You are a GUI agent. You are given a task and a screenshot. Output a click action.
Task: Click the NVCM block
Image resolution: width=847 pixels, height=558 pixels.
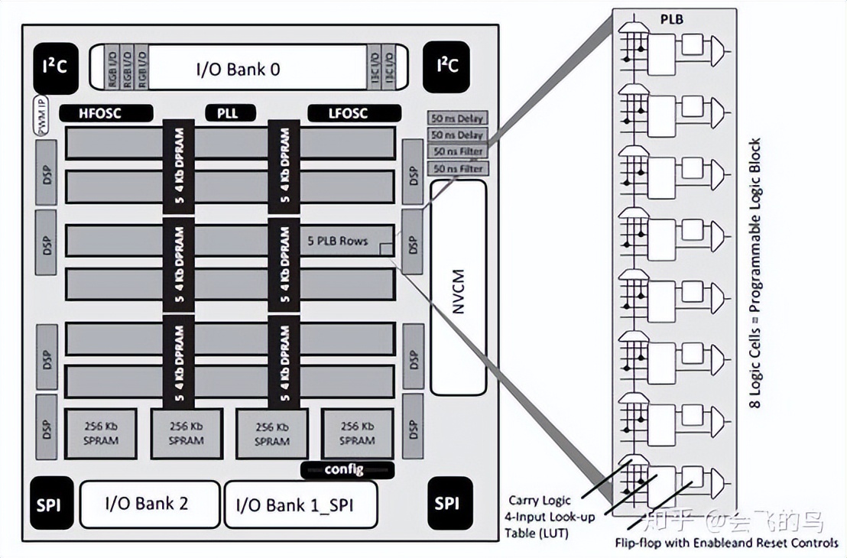(x=458, y=287)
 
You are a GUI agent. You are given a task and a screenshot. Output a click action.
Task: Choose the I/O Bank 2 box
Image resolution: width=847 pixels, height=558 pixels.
(x=146, y=504)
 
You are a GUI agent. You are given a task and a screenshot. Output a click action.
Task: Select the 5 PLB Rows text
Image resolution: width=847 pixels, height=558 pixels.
(x=338, y=241)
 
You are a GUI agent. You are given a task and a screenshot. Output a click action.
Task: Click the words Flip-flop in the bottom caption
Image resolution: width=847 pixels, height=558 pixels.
(x=641, y=543)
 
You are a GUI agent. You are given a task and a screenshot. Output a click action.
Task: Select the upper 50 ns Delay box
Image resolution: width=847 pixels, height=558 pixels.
(x=458, y=118)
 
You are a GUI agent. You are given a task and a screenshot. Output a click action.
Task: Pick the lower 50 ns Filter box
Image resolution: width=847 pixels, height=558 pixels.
(x=458, y=167)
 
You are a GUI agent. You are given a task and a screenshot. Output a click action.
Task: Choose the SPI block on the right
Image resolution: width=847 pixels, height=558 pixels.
(x=448, y=504)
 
